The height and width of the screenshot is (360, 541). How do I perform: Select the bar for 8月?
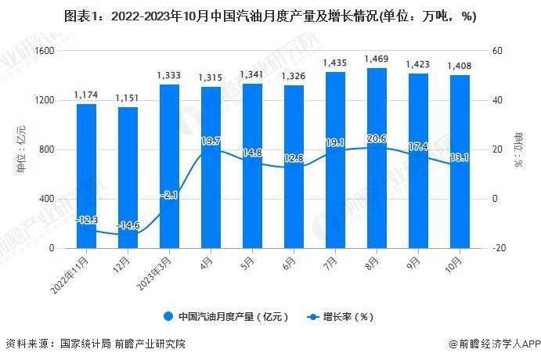(377, 157)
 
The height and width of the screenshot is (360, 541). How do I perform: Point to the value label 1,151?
(128, 97)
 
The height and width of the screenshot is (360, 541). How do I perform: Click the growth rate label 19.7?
(211, 141)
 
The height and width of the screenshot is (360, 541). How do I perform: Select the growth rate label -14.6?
(128, 225)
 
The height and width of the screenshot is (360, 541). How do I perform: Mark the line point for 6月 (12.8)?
(294, 167)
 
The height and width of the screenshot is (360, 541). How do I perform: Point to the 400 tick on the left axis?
(47, 199)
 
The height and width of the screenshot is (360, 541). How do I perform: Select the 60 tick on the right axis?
(496, 51)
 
